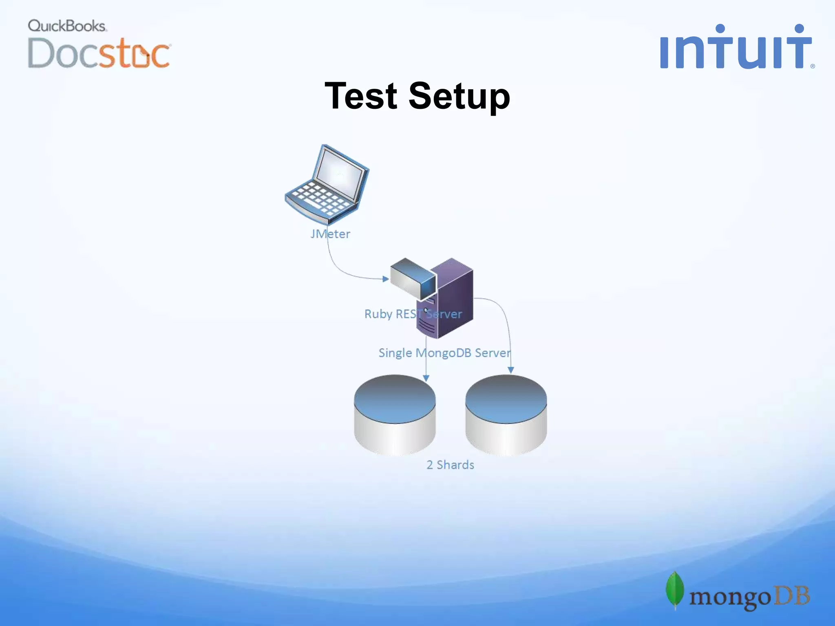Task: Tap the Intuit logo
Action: coord(736,47)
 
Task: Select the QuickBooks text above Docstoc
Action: coord(67,26)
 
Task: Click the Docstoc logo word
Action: coord(99,53)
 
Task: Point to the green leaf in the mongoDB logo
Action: coord(675,589)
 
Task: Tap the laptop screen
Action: coord(339,173)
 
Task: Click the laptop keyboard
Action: coord(320,198)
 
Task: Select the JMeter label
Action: coord(330,234)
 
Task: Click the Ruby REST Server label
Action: coord(413,314)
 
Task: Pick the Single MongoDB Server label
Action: coord(444,353)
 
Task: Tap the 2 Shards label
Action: coord(450,465)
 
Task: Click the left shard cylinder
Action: coord(395,416)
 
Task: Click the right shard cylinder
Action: coord(506,416)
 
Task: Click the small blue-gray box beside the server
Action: coord(412,278)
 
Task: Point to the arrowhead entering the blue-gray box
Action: coord(385,279)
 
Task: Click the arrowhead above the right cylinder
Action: coord(510,370)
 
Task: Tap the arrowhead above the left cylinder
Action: coord(426,378)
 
